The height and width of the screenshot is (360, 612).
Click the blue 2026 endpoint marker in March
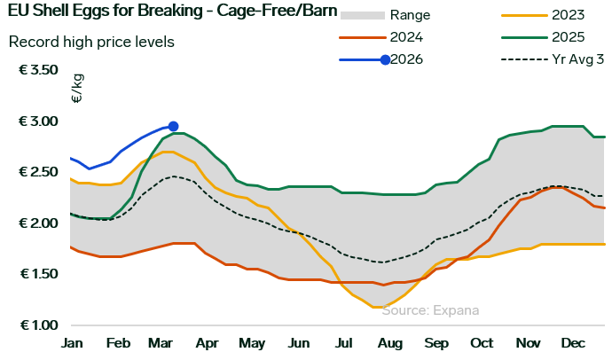click(173, 127)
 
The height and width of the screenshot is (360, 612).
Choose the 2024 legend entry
click(404, 37)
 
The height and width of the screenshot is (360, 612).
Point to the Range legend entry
click(411, 15)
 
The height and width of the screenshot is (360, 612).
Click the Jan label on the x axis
click(71, 343)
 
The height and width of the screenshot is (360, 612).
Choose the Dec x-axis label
click(573, 343)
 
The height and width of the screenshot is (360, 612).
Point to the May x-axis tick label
click(252, 343)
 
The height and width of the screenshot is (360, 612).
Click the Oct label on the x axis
click(482, 343)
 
